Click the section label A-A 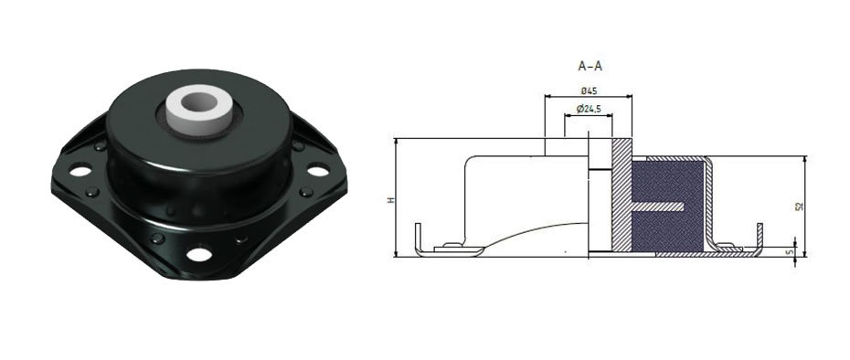(x=590, y=67)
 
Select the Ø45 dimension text (x=589, y=90)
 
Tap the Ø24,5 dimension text (x=589, y=109)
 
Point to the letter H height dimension (x=389, y=200)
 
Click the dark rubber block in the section (x=668, y=206)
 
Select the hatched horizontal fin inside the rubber (x=657, y=206)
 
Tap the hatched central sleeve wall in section (x=622, y=196)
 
